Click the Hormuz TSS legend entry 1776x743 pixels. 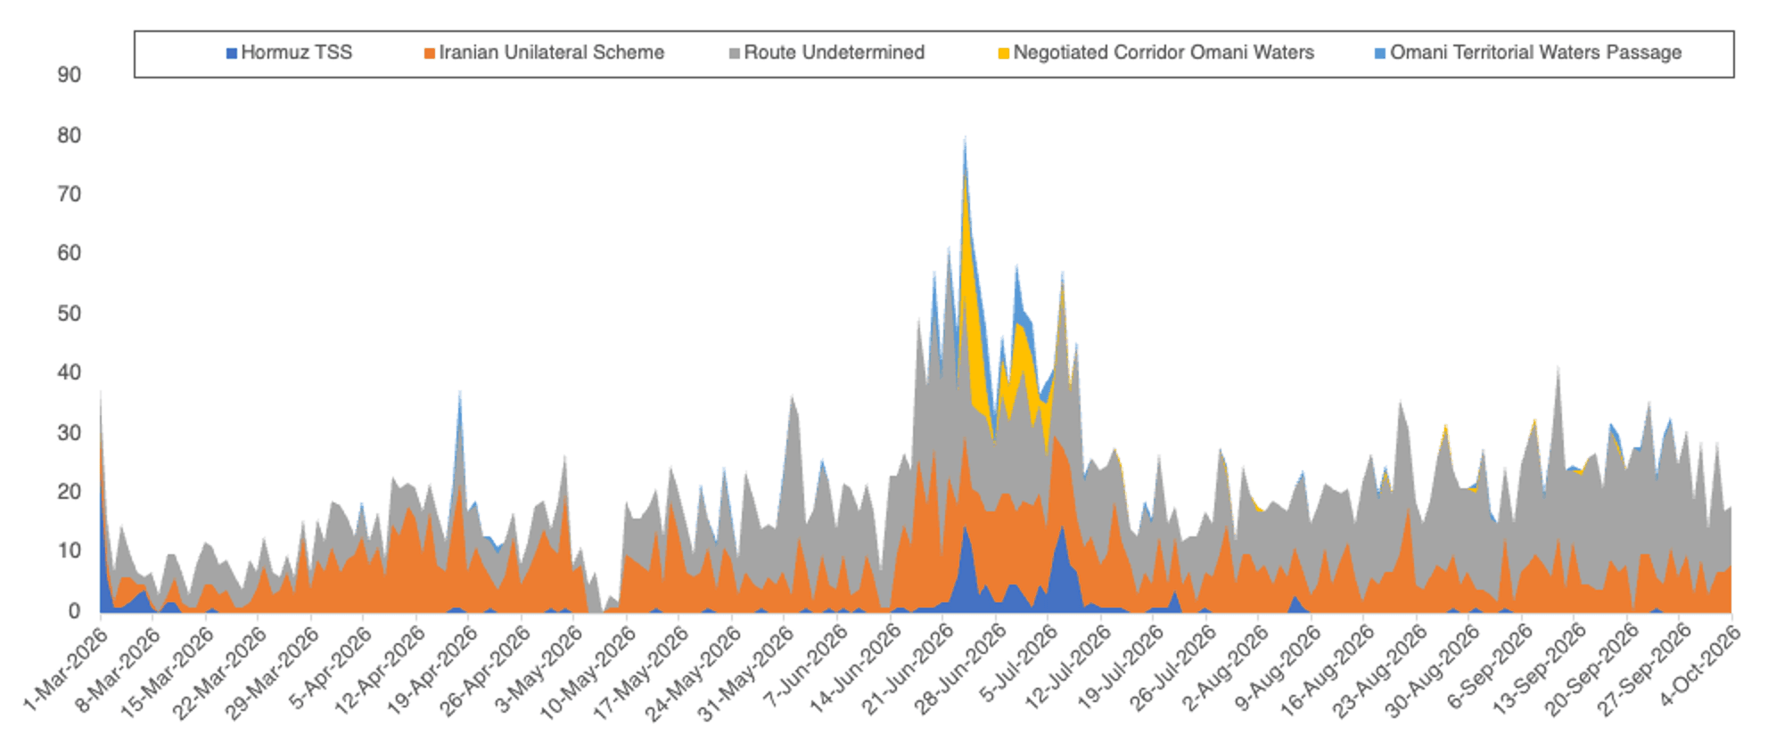pyautogui.click(x=289, y=53)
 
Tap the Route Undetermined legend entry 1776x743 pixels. pyautogui.click(x=826, y=53)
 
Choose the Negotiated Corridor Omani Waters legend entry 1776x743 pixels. pyautogui.click(x=1155, y=53)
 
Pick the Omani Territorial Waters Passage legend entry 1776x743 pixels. pyautogui.click(x=1528, y=53)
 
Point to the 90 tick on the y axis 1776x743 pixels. pyautogui.click(x=69, y=75)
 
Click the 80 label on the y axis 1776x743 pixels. pyautogui.click(x=69, y=135)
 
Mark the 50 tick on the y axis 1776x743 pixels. pyautogui.click(x=69, y=314)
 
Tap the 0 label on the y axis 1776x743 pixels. pyautogui.click(x=75, y=611)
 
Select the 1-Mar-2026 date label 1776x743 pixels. pyautogui.click(x=66, y=669)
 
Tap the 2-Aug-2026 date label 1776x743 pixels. pyautogui.click(x=1226, y=669)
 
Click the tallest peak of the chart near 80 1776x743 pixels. pyautogui.click(x=965, y=139)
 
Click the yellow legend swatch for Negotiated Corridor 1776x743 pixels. pyautogui.click(x=1003, y=53)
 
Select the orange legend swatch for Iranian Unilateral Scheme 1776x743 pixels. pyautogui.click(x=430, y=53)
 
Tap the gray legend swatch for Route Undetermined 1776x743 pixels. pyautogui.click(x=735, y=53)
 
